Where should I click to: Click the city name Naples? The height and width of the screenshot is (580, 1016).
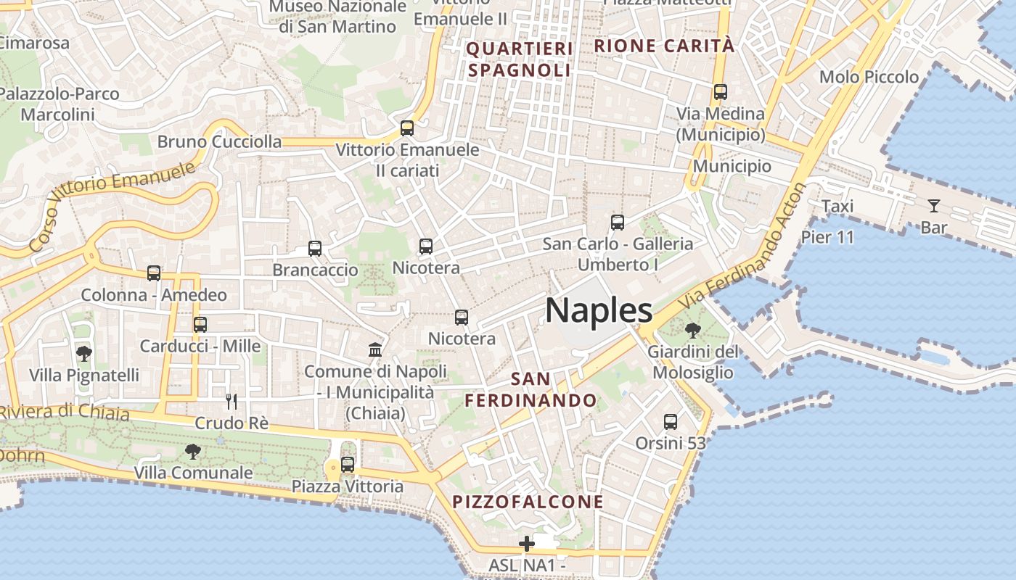[599, 310]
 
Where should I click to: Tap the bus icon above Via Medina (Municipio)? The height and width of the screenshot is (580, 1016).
[721, 92]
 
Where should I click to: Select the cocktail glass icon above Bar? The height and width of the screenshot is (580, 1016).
[934, 206]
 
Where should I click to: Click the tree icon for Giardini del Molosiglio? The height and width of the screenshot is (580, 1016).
[693, 331]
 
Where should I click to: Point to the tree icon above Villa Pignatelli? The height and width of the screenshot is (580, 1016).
[84, 354]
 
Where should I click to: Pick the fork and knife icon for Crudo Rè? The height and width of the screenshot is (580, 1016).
[232, 401]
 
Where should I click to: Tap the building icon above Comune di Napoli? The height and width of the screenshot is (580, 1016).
[375, 350]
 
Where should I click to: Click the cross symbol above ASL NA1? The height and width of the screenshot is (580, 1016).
[527, 543]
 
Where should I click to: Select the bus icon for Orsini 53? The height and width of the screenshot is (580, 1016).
[671, 421]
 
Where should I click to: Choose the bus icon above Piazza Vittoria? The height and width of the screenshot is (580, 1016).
[348, 464]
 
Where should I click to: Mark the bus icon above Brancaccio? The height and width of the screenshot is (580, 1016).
[315, 249]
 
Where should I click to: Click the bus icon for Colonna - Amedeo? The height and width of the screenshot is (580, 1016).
[154, 273]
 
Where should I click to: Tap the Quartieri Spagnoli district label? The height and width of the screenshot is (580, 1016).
[520, 59]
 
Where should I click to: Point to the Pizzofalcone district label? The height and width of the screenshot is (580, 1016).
[528, 502]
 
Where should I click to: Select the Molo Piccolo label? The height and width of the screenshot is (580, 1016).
[869, 77]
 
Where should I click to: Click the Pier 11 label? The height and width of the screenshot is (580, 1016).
[827, 237]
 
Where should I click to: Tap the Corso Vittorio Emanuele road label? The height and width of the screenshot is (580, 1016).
[114, 206]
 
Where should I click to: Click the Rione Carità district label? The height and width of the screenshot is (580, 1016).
[664, 46]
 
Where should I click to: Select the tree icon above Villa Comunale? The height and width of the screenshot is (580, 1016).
[193, 452]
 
